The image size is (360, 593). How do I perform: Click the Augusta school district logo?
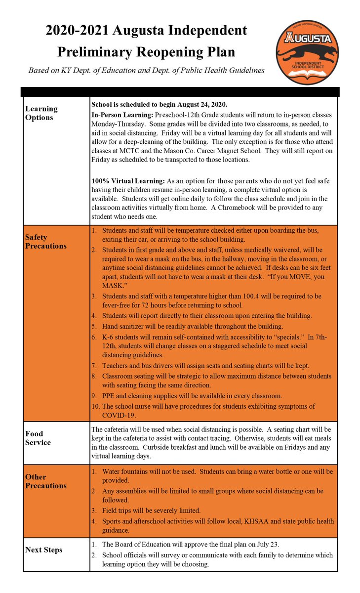[307, 52]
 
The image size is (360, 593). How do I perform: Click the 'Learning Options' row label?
[41, 113]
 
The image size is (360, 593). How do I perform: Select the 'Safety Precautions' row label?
[45, 242]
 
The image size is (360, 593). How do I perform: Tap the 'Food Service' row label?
[38, 438]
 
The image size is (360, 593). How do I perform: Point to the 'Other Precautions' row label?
[45, 481]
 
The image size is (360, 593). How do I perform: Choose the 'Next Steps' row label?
[43, 550]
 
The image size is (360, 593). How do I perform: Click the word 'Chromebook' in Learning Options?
[271, 207]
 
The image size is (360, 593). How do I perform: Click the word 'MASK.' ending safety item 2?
[114, 286]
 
